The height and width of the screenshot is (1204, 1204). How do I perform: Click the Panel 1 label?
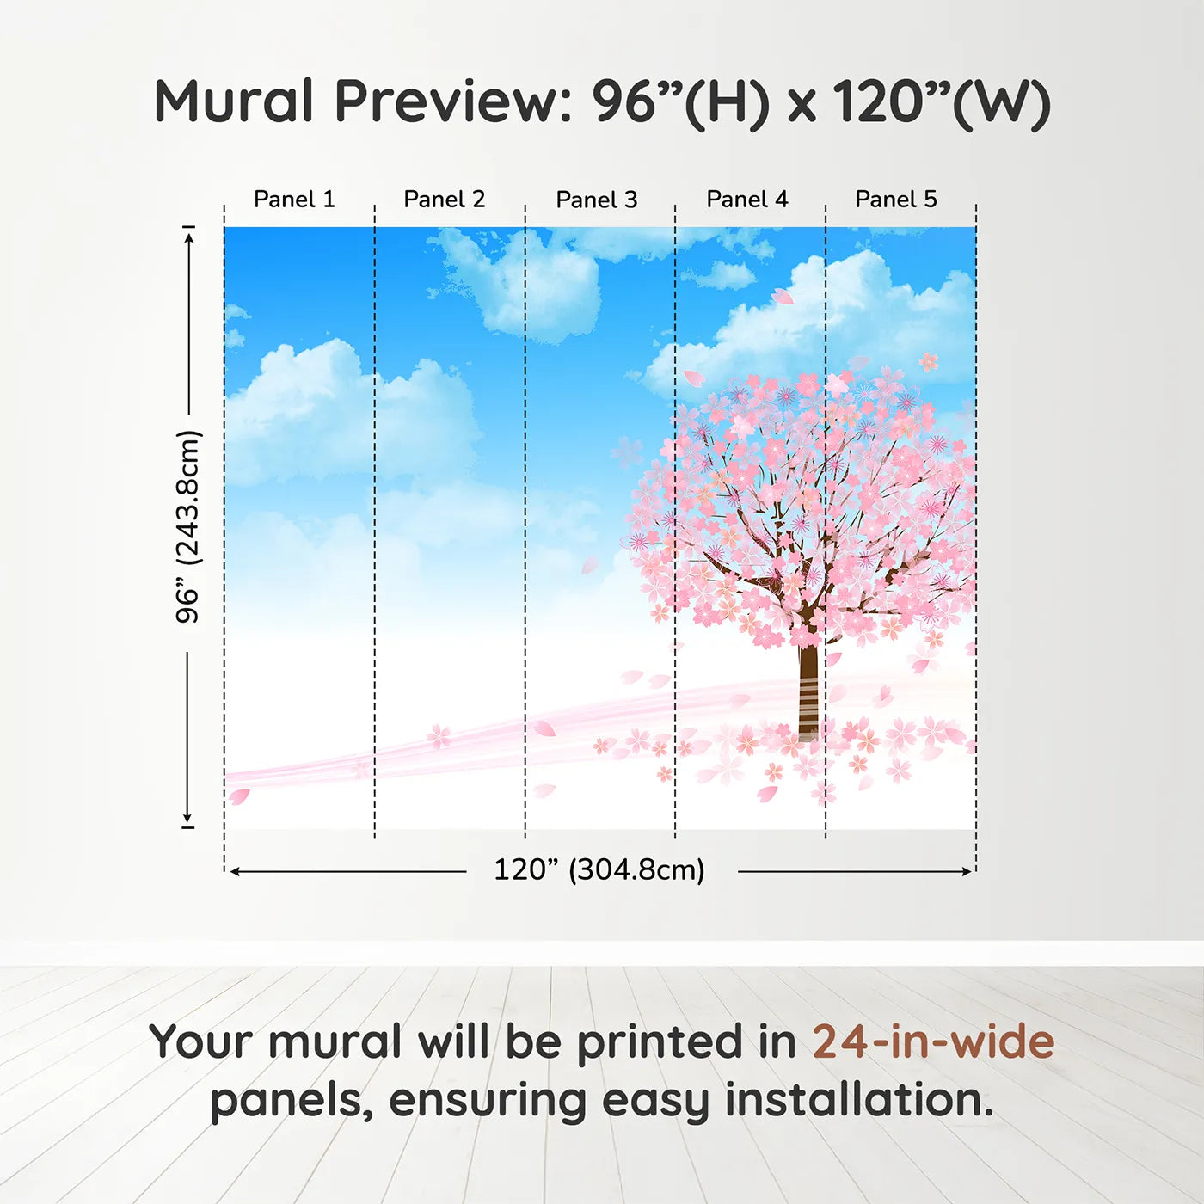(294, 200)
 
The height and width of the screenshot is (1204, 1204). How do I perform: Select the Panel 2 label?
(445, 200)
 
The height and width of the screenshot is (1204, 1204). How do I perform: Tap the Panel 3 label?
(597, 200)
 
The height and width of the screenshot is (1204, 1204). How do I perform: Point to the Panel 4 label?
(747, 200)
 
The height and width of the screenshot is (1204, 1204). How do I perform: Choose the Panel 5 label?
(896, 200)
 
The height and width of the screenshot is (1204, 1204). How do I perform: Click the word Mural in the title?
(234, 101)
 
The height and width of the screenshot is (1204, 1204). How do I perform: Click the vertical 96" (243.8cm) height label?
(187, 526)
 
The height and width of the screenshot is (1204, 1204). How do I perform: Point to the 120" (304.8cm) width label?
(599, 869)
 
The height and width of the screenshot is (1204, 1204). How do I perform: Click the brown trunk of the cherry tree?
(808, 688)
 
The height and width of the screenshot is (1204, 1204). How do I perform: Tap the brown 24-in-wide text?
(933, 1042)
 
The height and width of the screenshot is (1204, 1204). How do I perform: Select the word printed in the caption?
(660, 1042)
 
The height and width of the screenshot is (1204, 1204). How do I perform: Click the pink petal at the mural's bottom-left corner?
(238, 796)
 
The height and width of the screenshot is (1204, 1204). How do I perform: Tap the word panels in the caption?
(292, 1102)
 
